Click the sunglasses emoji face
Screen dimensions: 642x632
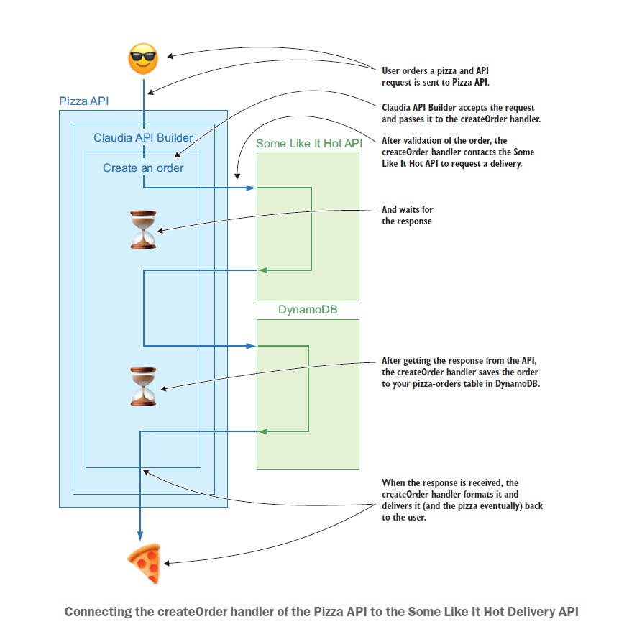(143, 58)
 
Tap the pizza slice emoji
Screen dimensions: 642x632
(144, 563)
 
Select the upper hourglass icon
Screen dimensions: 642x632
(143, 230)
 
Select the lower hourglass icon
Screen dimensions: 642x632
(143, 387)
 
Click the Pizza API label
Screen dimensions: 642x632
(84, 101)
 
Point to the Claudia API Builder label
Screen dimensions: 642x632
(143, 137)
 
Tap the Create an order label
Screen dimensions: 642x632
(143, 168)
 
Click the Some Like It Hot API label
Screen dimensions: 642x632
(309, 143)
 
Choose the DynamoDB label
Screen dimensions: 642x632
(308, 310)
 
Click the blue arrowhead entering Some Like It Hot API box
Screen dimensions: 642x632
(251, 188)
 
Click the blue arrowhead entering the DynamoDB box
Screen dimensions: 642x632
(251, 346)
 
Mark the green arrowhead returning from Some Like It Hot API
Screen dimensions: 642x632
(263, 270)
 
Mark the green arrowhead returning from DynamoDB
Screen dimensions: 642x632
(263, 431)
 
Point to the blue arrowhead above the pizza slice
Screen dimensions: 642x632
(140, 536)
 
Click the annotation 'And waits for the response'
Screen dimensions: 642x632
(408, 216)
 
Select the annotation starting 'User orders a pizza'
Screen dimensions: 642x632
(436, 77)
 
